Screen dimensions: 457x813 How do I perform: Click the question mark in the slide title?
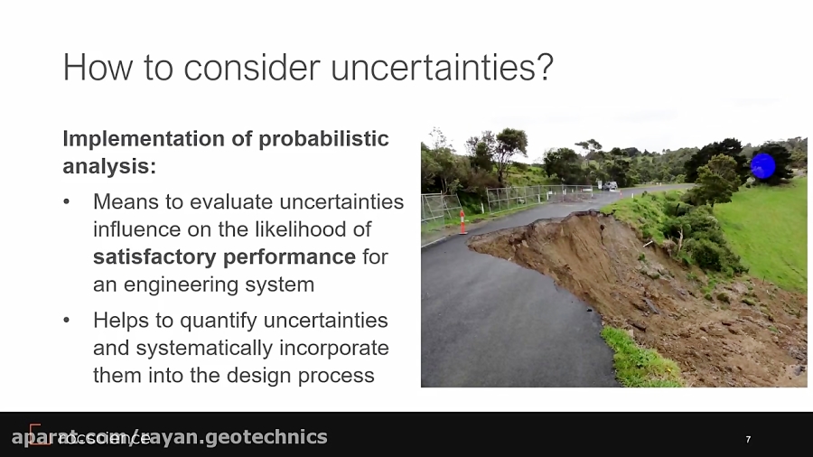click(544, 68)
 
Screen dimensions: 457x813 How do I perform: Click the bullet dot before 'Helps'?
click(66, 321)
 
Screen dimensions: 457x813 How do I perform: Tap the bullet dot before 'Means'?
click(66, 201)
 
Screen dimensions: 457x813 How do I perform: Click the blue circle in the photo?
click(763, 166)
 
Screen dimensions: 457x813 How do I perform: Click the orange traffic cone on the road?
click(463, 221)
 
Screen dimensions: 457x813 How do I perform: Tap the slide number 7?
click(748, 440)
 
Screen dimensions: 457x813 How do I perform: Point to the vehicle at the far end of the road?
click(612, 186)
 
